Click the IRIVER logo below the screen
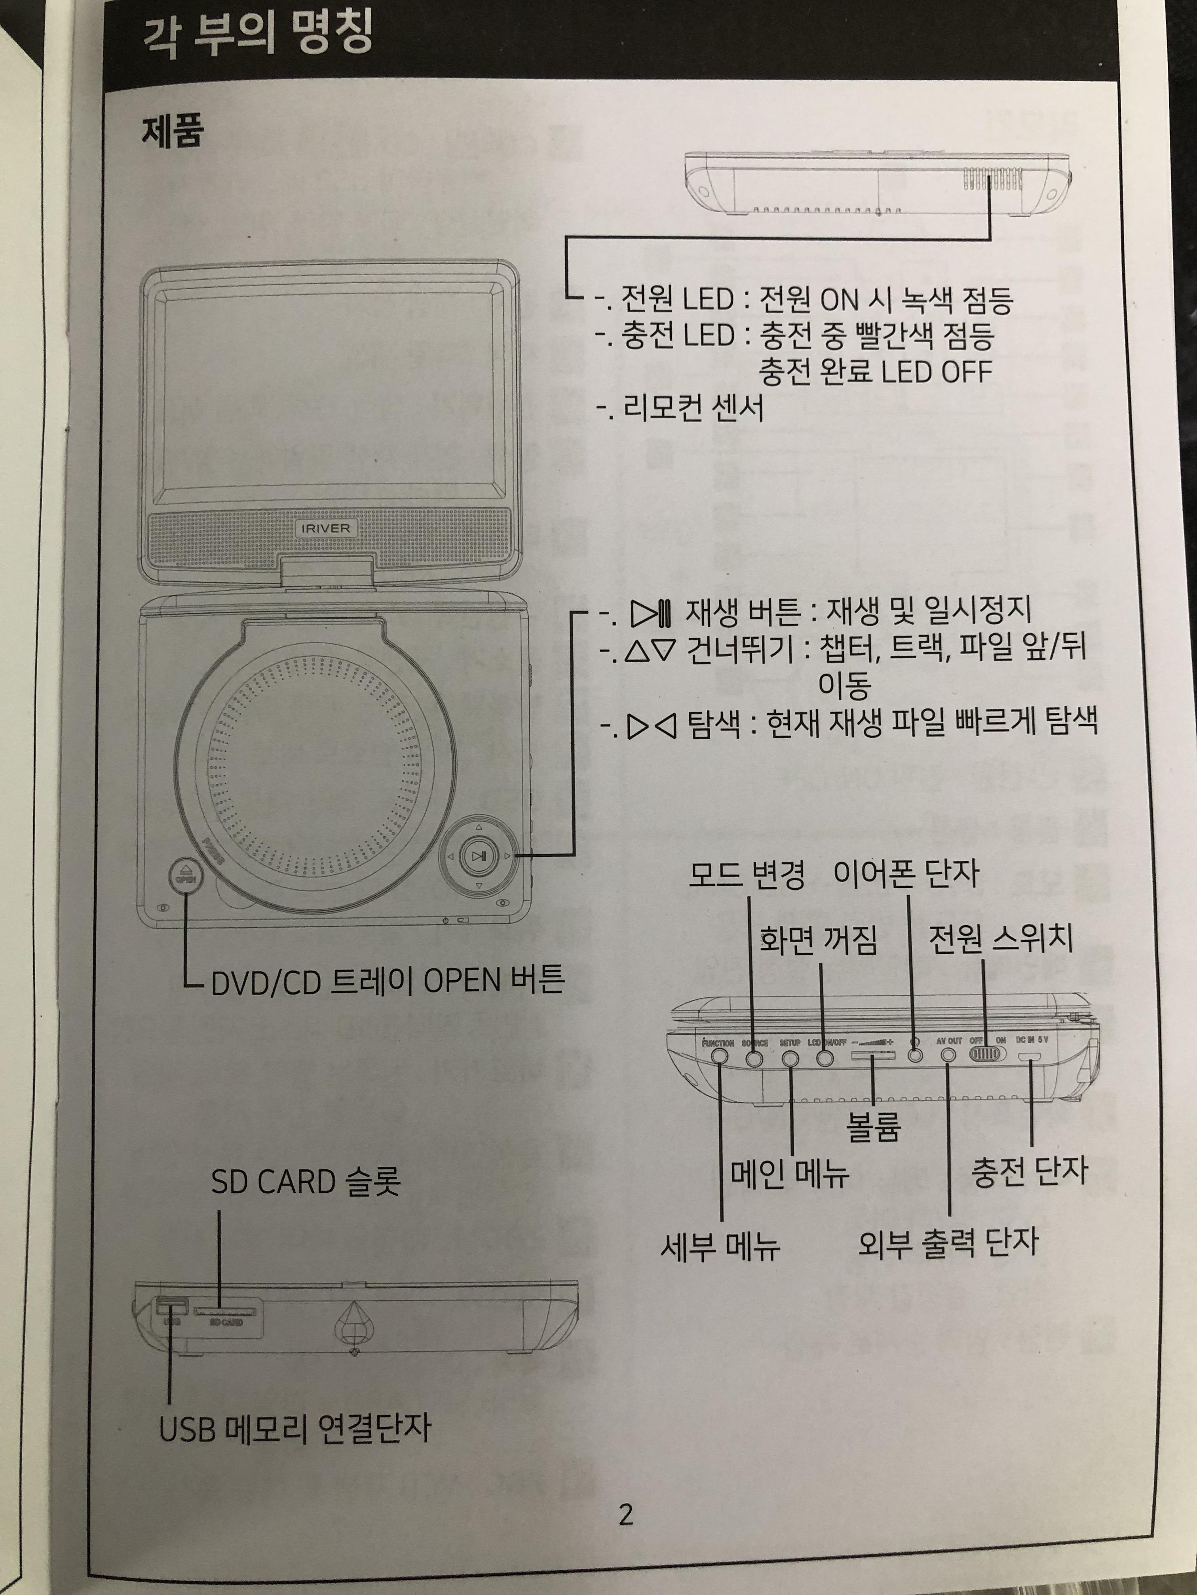click(x=326, y=529)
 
